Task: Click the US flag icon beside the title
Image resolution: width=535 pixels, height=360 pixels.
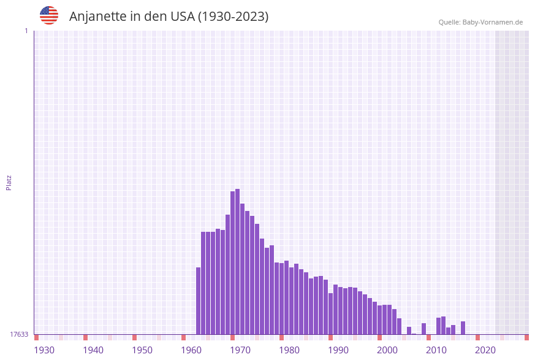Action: click(x=49, y=15)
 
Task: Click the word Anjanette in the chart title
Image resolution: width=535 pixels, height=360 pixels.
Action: click(x=97, y=17)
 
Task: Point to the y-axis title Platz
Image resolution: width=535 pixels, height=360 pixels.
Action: click(x=9, y=182)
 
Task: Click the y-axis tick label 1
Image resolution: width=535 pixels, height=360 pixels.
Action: click(x=26, y=31)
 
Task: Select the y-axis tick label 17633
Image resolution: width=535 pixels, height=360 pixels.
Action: click(x=19, y=334)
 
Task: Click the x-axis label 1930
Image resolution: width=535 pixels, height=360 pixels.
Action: click(x=44, y=350)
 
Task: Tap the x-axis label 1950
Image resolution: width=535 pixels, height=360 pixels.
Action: click(x=142, y=350)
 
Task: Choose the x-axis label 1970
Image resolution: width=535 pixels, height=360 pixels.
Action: click(x=240, y=350)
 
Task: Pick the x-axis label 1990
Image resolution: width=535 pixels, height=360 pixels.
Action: click(x=338, y=350)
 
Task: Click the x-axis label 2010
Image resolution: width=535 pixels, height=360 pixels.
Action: click(x=436, y=350)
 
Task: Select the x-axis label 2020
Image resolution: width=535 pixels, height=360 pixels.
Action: click(x=485, y=350)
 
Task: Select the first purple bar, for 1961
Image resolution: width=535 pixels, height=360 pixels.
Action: click(x=199, y=301)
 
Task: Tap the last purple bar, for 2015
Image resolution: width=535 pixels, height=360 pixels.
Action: click(x=463, y=328)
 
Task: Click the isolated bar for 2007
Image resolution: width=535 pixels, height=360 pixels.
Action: click(x=423, y=329)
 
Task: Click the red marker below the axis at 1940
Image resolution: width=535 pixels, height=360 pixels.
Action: click(x=86, y=337)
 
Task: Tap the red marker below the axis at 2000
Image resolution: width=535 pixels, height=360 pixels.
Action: click(x=379, y=337)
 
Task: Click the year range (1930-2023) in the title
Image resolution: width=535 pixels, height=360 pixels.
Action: click(x=233, y=17)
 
